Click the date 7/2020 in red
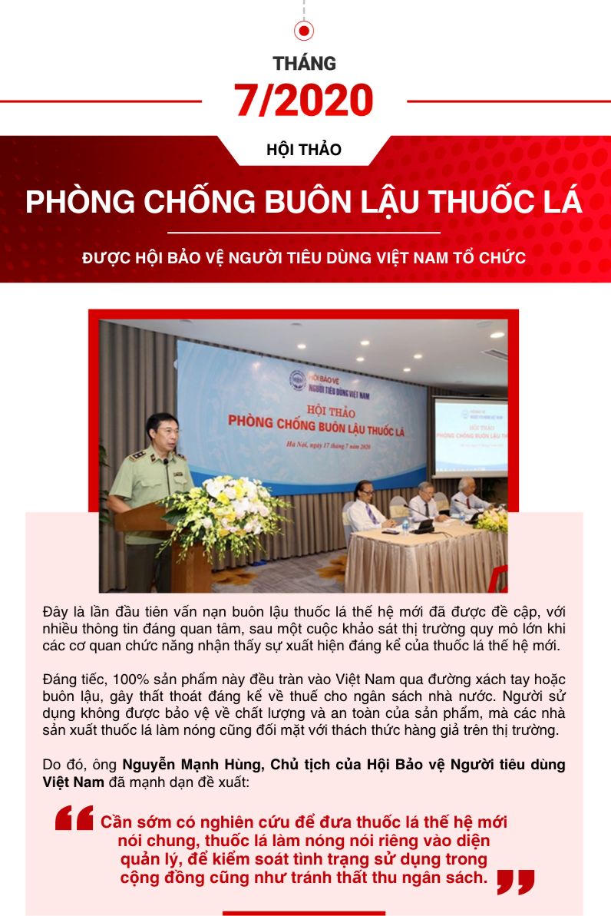point(304,101)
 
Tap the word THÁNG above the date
point(305,63)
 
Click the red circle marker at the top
point(305,31)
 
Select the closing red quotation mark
point(515,882)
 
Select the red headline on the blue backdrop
point(316,422)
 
